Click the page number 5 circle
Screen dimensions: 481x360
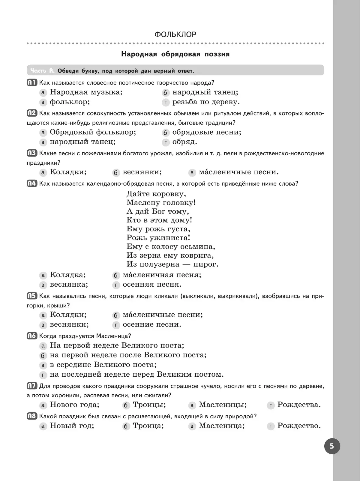pyautogui.click(x=332, y=446)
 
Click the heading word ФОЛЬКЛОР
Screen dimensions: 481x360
pyautogui.click(x=175, y=34)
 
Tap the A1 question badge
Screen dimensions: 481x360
pyautogui.click(x=32, y=82)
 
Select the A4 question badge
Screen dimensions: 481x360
pyautogui.click(x=32, y=183)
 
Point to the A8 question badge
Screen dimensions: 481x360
pyautogui.click(x=32, y=416)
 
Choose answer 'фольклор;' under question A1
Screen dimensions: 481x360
pyautogui.click(x=70, y=102)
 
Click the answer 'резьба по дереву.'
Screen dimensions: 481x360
pyautogui.click(x=206, y=102)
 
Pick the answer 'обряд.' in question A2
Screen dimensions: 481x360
pyautogui.click(x=184, y=142)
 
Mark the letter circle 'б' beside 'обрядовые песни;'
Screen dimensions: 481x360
pyautogui.click(x=165, y=133)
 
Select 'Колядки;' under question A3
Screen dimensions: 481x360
pyautogui.click(x=68, y=172)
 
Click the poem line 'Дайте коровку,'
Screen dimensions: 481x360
pyautogui.click(x=156, y=194)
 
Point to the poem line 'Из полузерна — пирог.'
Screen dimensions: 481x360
pyautogui.click(x=172, y=264)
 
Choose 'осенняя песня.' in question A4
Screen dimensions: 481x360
pyautogui.click(x=152, y=284)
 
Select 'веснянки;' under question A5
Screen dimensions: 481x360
pyautogui.click(x=69, y=324)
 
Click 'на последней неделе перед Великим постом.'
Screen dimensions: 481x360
pyautogui.click(x=136, y=375)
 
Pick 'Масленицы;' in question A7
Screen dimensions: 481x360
pyautogui.click(x=223, y=405)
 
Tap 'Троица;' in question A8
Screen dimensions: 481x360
pyautogui.click(x=148, y=426)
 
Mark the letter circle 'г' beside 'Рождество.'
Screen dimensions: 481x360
pyautogui.click(x=271, y=426)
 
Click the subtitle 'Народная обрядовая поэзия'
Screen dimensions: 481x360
pyautogui.click(x=175, y=54)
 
